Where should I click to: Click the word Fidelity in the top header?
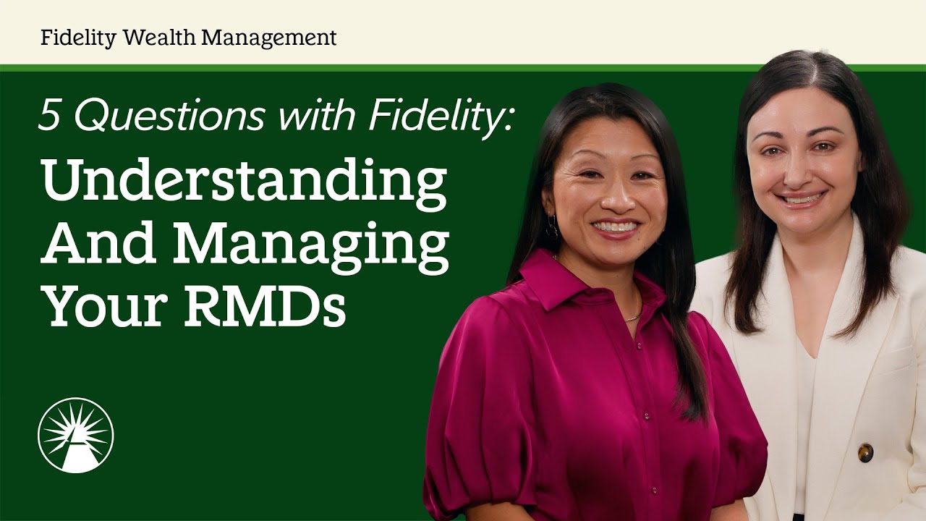[x=78, y=38]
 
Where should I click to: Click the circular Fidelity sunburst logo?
[x=75, y=435]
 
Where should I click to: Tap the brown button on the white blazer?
[x=865, y=453]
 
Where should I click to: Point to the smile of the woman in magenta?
[x=615, y=227]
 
